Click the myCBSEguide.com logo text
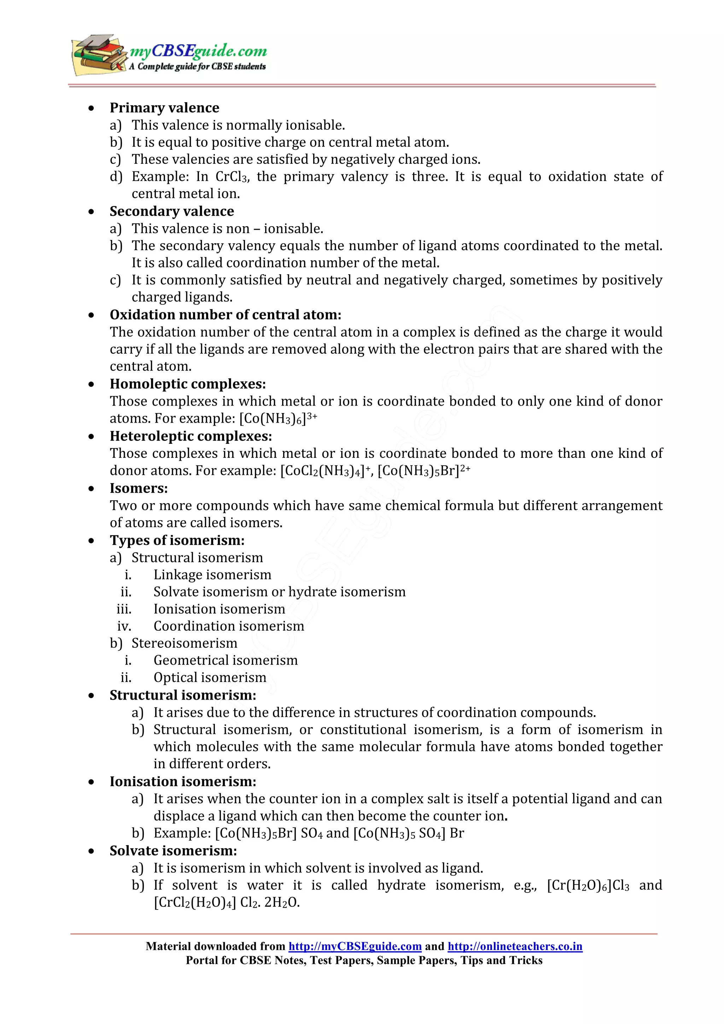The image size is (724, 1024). coord(198,51)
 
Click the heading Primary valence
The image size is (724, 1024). coord(164,107)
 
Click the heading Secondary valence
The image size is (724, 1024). coord(171,211)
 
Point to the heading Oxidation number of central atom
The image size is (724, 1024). coord(225,314)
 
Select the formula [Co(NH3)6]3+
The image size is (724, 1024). coord(278,418)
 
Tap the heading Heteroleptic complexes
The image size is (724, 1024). coord(191,436)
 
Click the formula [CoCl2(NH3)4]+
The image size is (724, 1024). coord(326,471)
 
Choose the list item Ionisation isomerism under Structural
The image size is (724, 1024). coord(219,609)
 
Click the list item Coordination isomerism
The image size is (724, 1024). coord(228,626)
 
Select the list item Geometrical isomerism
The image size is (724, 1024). coord(225,660)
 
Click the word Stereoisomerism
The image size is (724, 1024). coord(184,643)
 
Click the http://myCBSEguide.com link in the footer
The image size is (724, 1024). coord(355,946)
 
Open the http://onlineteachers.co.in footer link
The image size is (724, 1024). coord(515,946)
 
